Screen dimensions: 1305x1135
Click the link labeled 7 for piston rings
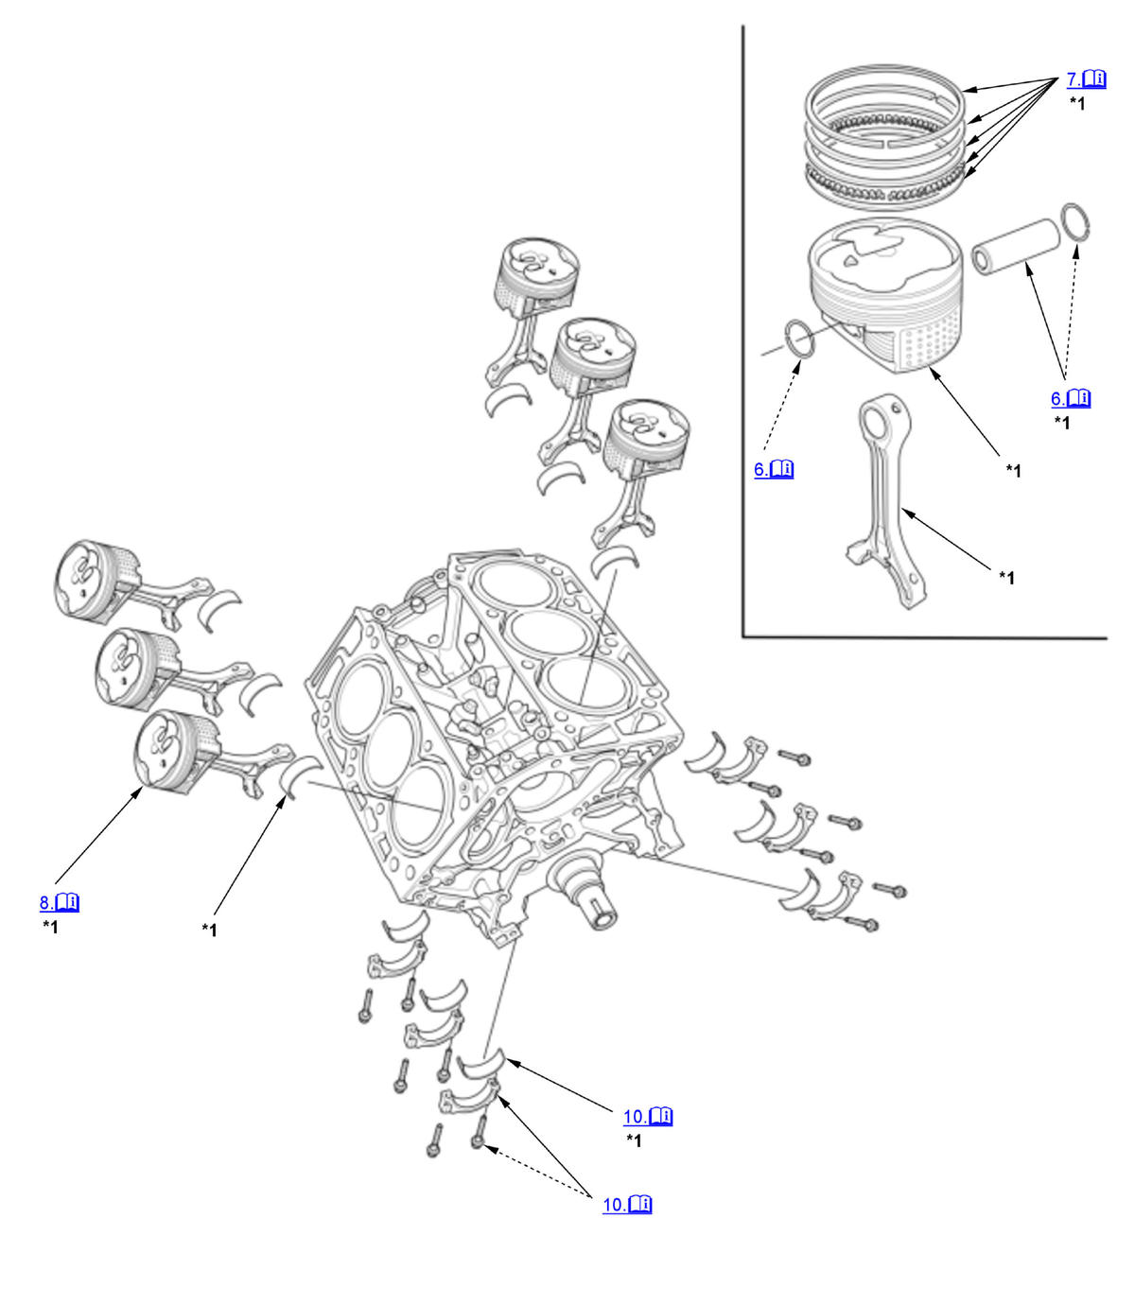1086,79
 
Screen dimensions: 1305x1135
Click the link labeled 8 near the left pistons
59,902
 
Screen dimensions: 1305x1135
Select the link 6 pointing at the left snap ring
773,469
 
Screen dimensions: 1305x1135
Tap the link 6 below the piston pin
1070,398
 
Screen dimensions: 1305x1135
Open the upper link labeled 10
647,1117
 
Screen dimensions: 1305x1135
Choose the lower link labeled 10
627,1205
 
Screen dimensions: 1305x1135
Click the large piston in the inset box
884,293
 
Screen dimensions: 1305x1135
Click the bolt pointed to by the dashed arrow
479,1142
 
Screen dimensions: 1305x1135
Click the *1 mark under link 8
50,927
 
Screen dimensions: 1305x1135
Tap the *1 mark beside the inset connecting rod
1006,578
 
